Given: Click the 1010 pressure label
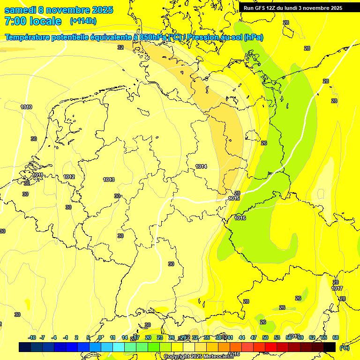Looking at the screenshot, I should pyautogui.click(x=26, y=107).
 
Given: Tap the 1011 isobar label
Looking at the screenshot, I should pyautogui.click(x=38, y=175).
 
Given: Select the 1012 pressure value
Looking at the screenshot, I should pyautogui.click(x=69, y=177).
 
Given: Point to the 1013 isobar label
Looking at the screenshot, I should pyautogui.click(x=109, y=180).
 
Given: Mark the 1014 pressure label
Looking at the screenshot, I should pyautogui.click(x=202, y=166).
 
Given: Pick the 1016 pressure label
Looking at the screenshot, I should pyautogui.click(x=240, y=218).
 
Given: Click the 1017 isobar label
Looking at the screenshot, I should pyautogui.click(x=337, y=288).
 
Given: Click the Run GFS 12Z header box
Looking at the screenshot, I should pyautogui.click(x=292, y=8).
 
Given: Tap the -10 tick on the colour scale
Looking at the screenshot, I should pyautogui.click(x=32, y=337).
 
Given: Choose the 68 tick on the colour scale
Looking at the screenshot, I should pyautogui.click(x=336, y=337).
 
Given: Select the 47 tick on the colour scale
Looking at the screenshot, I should pyautogui.click(x=254, y=337).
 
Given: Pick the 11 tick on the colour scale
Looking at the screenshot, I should pyautogui.click(x=113, y=337).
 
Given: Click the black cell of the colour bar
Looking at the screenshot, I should pyautogui.click(x=330, y=347).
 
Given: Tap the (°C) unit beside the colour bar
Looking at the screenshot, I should pyautogui.click(x=345, y=348).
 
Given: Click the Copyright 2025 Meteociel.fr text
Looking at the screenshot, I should pyautogui.click(x=198, y=356).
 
